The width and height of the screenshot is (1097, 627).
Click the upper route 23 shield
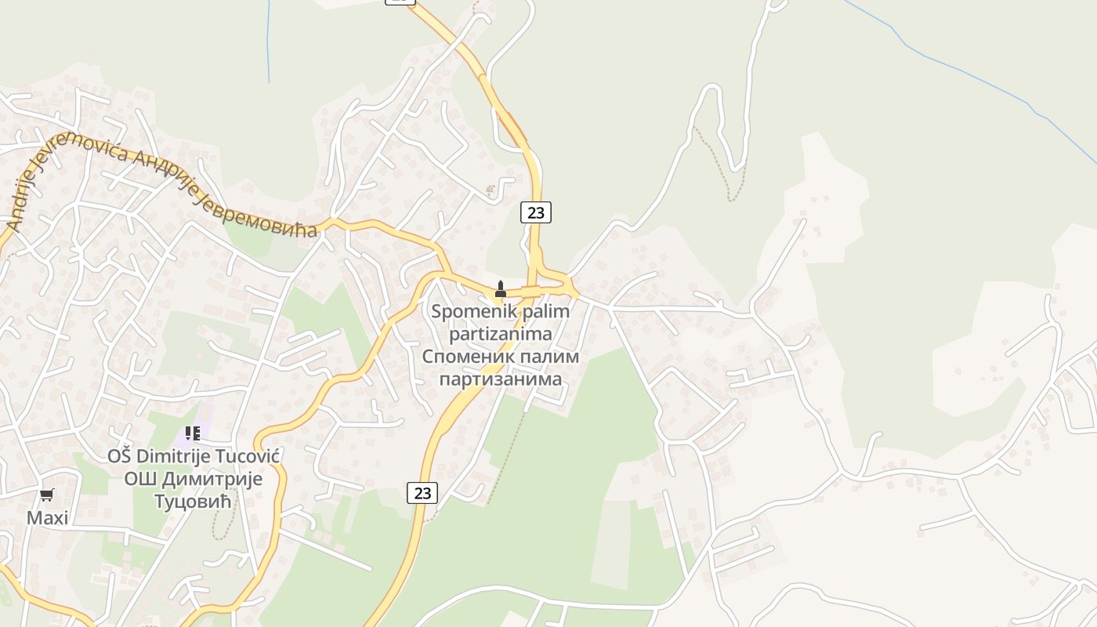coord(536,212)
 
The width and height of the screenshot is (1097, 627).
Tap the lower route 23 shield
coord(422,493)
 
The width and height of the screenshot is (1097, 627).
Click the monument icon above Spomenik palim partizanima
coord(501,289)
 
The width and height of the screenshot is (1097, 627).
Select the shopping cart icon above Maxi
coord(47,495)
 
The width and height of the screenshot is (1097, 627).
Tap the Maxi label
coord(47,518)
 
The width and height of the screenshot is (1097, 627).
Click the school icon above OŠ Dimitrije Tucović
coord(193,433)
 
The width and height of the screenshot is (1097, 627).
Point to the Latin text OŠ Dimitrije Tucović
coord(194,456)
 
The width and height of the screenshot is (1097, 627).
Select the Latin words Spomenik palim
coord(501,311)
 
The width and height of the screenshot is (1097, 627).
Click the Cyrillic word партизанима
coord(501,379)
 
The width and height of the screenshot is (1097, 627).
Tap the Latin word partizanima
coord(501,334)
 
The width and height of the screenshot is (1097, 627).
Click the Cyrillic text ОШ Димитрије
coord(194,478)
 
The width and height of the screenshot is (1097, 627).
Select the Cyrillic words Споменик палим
coord(501,357)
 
